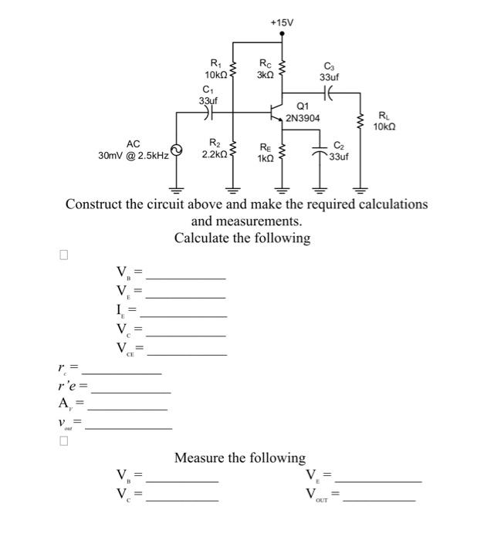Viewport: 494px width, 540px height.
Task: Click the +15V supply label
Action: pyautogui.click(x=283, y=23)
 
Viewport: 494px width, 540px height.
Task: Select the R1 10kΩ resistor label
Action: pyautogui.click(x=215, y=69)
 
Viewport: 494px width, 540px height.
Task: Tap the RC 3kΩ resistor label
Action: pyautogui.click(x=265, y=69)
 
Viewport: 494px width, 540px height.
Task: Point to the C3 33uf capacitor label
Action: pyautogui.click(x=330, y=72)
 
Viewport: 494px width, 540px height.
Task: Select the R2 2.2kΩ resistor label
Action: pyautogui.click(x=214, y=149)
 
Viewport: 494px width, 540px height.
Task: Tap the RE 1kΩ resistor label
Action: pyautogui.click(x=265, y=151)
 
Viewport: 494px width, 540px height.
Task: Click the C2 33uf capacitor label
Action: pyautogui.click(x=339, y=150)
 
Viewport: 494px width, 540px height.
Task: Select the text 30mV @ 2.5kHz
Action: pyautogui.click(x=134, y=156)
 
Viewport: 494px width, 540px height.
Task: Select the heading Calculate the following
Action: pyautogui.click(x=242, y=238)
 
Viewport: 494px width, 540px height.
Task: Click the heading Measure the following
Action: pyautogui.click(x=240, y=458)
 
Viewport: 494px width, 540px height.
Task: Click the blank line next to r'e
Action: pyautogui.click(x=130, y=391)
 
